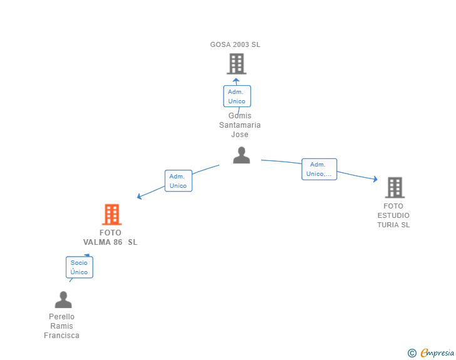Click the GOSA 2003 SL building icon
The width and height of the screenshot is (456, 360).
coord(236,64)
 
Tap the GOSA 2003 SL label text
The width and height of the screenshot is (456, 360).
coord(235,44)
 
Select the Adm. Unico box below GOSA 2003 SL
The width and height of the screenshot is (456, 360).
coord(237,96)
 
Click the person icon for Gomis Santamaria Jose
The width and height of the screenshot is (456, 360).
coord(241,155)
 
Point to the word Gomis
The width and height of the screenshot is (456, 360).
coord(240,116)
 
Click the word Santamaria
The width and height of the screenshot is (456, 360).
coord(240,125)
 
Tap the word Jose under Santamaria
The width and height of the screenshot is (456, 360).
coord(240,135)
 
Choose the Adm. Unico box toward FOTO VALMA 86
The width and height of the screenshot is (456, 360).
coord(178,181)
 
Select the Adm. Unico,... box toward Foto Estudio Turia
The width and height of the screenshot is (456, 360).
coord(319,169)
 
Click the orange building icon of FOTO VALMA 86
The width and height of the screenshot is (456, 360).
coord(111,215)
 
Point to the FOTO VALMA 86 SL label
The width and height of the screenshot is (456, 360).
coord(110,237)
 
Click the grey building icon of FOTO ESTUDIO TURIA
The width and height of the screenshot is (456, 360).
coord(394,187)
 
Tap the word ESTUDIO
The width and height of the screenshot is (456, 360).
coord(393,215)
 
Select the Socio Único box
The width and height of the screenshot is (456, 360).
coord(79,267)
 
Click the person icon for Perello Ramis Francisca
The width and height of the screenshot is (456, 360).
coord(63,300)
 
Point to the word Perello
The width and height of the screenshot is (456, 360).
coord(61,317)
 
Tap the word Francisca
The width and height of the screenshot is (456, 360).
coord(61,336)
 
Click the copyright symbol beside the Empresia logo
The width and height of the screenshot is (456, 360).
coord(412,353)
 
